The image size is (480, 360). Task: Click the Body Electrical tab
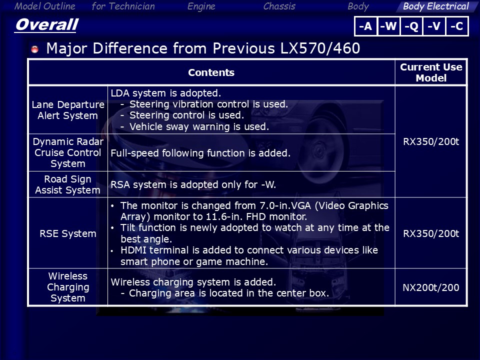point(435,6)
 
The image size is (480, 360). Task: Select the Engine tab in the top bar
point(201,6)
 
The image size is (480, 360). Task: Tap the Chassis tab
point(279,6)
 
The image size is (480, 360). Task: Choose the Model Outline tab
point(44,6)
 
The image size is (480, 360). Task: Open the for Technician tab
point(123,6)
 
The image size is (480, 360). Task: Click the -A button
point(365,26)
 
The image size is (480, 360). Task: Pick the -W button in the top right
point(389,26)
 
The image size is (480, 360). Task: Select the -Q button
point(411,26)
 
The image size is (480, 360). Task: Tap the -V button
point(434,26)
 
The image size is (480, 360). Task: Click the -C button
point(457,26)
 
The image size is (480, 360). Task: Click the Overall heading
point(47,24)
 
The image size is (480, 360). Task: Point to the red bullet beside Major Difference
point(35,49)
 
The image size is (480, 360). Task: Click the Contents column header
point(211,72)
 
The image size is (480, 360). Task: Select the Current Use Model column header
point(431,72)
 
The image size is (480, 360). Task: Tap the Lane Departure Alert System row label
point(68,110)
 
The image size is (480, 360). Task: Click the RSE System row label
point(68,233)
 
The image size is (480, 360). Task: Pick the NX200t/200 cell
point(430,287)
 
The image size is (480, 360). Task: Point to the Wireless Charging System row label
point(68,287)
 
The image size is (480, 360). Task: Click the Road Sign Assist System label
point(67,184)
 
